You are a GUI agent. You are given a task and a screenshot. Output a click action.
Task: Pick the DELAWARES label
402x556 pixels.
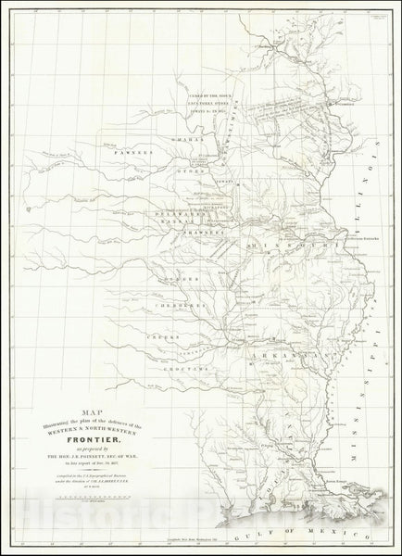tap(171, 212)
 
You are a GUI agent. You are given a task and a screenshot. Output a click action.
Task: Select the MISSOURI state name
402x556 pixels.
tap(277, 243)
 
